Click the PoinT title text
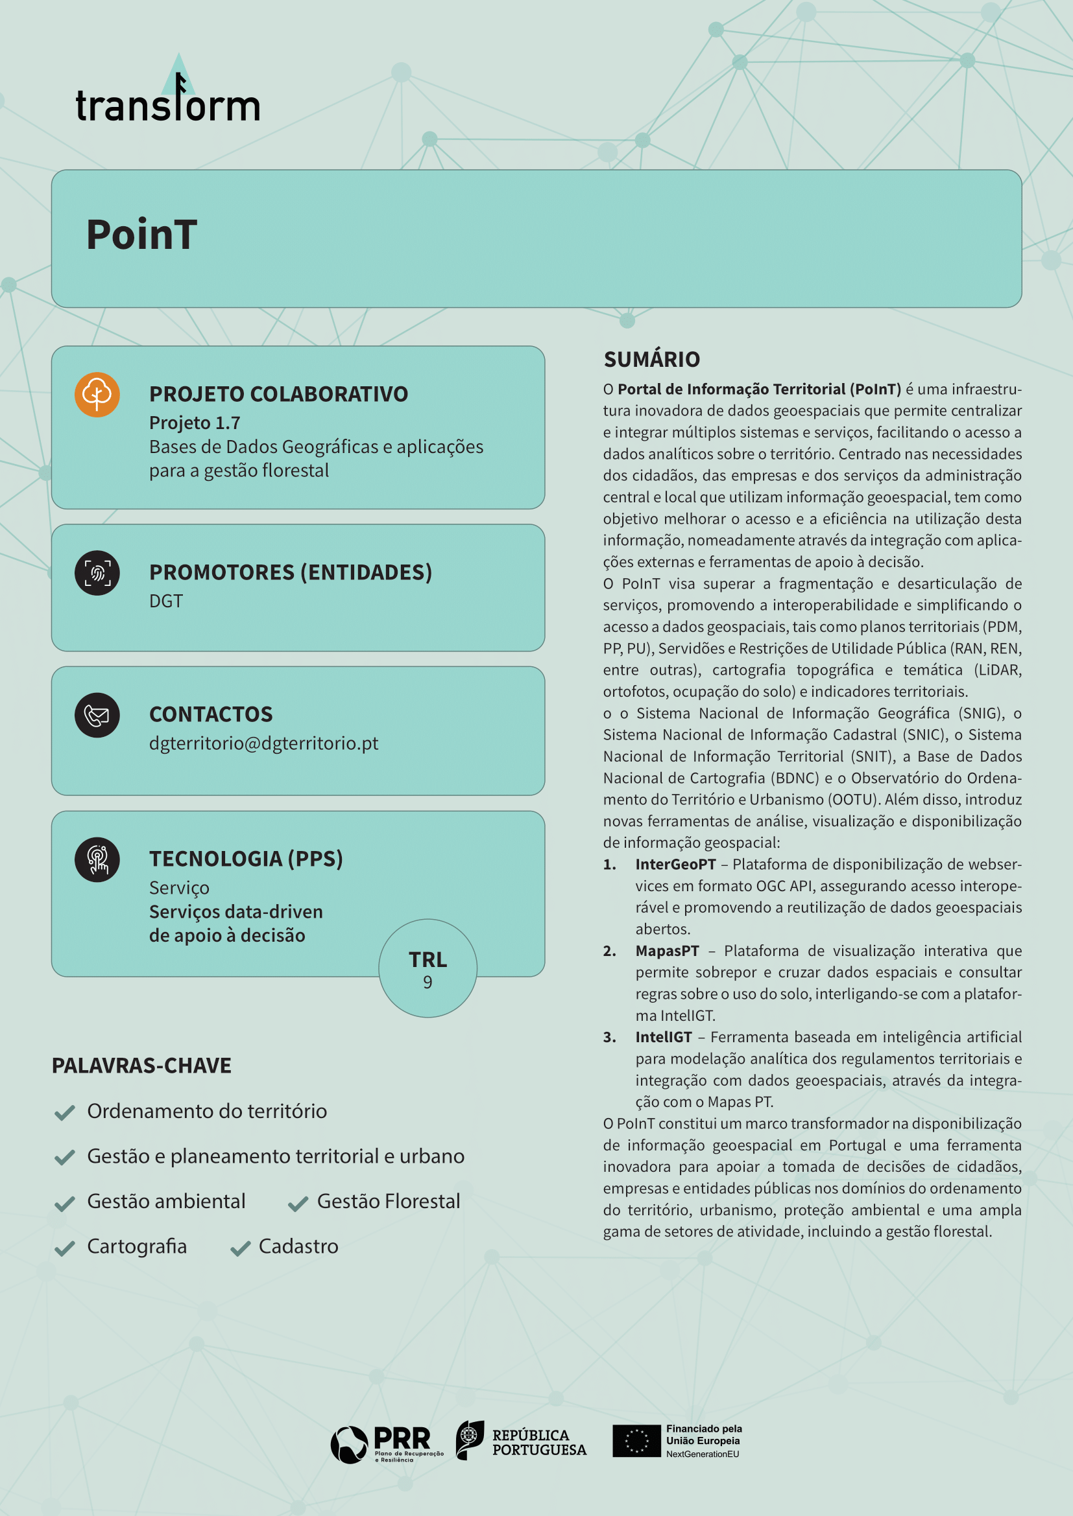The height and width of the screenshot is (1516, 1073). [141, 235]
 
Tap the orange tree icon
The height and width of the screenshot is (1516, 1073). [97, 395]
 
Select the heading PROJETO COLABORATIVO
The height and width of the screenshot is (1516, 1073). [278, 394]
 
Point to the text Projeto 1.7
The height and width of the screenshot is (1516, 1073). [194, 423]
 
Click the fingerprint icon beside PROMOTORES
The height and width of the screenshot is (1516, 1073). [97, 573]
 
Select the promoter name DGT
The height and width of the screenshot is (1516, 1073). [166, 601]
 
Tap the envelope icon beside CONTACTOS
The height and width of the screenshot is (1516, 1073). [97, 715]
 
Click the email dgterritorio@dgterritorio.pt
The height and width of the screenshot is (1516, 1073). [263, 743]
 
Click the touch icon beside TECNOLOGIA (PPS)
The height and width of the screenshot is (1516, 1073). [97, 859]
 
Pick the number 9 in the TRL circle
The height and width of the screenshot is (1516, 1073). [428, 983]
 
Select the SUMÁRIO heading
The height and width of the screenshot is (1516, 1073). [651, 359]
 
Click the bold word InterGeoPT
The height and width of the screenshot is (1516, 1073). [675, 865]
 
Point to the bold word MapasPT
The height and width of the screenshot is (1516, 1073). [667, 951]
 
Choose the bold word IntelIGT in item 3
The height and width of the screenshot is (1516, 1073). [664, 1037]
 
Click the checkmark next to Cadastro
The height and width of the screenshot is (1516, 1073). [241, 1248]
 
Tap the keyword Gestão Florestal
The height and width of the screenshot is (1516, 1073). [389, 1201]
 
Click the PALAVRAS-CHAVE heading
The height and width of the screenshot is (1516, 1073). [141, 1066]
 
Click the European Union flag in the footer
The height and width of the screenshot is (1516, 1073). [636, 1441]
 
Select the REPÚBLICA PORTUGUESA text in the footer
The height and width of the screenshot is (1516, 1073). [538, 1442]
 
